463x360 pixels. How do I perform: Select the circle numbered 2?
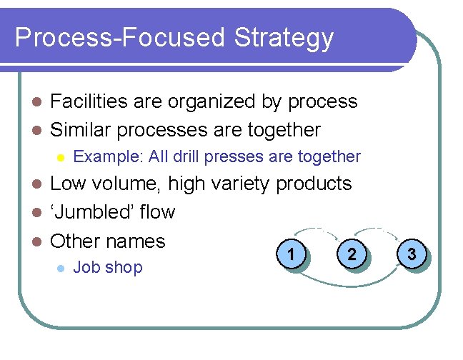[x=352, y=254]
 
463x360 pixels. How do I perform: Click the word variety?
[x=241, y=184]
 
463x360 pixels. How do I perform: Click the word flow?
[x=159, y=212]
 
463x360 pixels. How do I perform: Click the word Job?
[x=86, y=268]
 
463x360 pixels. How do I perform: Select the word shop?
[x=124, y=268]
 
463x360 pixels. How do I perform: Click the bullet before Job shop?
[x=60, y=269]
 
